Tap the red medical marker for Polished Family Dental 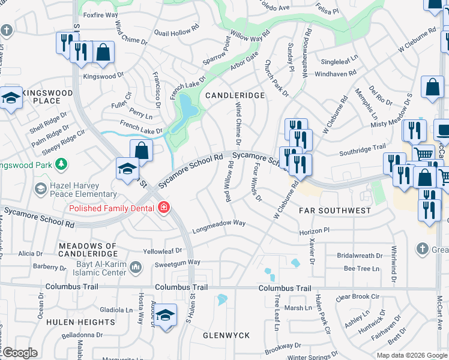(x=163, y=208)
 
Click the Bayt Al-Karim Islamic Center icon (x=136, y=266)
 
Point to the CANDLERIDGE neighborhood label (x=235, y=95)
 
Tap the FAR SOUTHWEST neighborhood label (x=336, y=211)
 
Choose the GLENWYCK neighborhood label (x=226, y=335)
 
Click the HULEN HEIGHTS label (x=87, y=322)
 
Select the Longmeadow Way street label (x=218, y=226)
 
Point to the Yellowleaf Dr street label (x=162, y=250)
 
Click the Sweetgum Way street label (x=176, y=262)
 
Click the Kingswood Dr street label (x=103, y=76)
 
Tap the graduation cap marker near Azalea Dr (x=166, y=315)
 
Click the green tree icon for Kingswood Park (x=60, y=164)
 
